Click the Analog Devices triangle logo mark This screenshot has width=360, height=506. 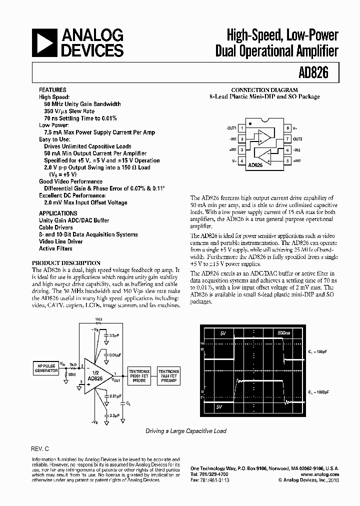[x=44, y=42]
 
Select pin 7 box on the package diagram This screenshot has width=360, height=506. [x=287, y=139]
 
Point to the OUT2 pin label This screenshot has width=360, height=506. [x=297, y=139]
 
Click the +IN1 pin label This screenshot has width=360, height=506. [x=233, y=150]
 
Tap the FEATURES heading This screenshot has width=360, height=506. [x=52, y=90]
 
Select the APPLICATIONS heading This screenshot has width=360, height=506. [x=57, y=213]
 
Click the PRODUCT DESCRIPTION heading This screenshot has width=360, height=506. [x=66, y=262]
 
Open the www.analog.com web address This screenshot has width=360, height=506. [x=321, y=474]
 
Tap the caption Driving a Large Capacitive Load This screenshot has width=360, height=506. [x=186, y=430]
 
